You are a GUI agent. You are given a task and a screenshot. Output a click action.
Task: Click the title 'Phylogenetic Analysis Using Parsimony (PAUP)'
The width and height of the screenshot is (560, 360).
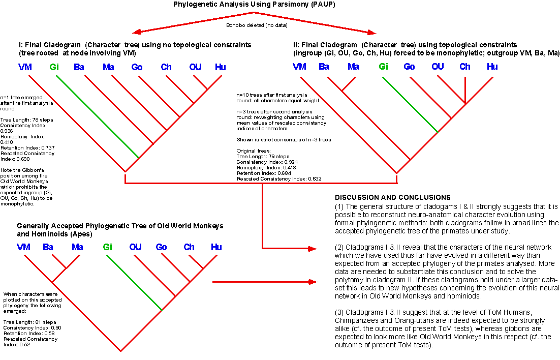(254, 4)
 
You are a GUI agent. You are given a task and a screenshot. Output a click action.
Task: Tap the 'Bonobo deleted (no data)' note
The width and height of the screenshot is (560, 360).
(257, 25)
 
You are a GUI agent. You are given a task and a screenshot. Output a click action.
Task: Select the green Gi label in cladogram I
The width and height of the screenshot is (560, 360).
(54, 67)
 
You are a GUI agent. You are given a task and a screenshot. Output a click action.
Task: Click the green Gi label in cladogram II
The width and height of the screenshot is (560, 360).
(383, 67)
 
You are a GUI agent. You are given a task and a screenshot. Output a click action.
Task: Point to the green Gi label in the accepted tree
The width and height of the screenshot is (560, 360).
(108, 247)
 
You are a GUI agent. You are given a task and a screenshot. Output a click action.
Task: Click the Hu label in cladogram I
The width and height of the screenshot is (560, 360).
(221, 67)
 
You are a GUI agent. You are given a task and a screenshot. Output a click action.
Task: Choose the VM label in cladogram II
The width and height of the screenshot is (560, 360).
(299, 67)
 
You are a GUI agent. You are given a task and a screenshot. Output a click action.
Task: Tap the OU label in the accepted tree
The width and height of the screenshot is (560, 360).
(135, 247)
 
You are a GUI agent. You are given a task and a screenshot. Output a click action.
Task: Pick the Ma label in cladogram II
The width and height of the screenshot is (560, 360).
(353, 67)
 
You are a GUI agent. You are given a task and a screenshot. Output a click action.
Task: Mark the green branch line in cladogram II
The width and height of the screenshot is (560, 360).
(410, 104)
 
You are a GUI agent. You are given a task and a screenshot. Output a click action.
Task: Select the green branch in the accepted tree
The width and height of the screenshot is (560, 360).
(134, 282)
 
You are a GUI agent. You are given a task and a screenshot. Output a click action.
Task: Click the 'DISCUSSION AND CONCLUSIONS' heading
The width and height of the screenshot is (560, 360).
(393, 197)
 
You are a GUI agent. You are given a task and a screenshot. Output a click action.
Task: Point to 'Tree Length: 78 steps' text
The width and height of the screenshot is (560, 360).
(27, 120)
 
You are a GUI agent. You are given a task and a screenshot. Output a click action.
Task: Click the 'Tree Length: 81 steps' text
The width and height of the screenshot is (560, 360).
(29, 322)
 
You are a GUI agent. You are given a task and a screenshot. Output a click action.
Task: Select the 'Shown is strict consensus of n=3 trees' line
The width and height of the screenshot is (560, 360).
(284, 139)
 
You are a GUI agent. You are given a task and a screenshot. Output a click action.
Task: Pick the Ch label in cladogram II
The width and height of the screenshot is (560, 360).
(465, 67)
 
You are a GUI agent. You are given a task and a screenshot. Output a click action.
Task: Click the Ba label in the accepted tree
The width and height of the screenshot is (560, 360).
(48, 247)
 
